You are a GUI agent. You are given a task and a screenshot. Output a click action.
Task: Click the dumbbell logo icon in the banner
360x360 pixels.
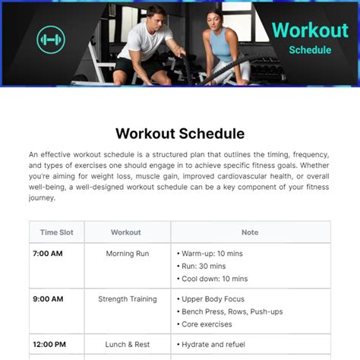pyautogui.click(x=51, y=39)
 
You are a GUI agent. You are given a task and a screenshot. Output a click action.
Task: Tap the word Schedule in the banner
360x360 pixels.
pyautogui.click(x=310, y=50)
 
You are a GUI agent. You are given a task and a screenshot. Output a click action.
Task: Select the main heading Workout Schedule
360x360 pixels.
pyautogui.click(x=180, y=134)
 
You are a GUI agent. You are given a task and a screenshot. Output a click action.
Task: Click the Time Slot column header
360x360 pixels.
pyautogui.click(x=57, y=232)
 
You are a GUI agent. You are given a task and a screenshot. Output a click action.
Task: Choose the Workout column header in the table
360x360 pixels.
pyautogui.click(x=126, y=232)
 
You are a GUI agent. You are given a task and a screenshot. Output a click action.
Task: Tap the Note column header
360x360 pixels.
pyautogui.click(x=250, y=232)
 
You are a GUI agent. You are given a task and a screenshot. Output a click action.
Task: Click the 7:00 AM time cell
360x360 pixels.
pyautogui.click(x=47, y=254)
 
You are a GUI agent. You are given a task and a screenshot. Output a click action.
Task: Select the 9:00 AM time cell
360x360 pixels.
pyautogui.click(x=47, y=299)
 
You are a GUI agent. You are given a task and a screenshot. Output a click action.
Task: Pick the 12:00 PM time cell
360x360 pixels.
pyautogui.click(x=49, y=344)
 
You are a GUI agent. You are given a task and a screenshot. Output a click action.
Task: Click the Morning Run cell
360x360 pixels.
pyautogui.click(x=127, y=254)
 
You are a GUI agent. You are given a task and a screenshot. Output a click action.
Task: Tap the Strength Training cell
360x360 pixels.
pyautogui.click(x=127, y=299)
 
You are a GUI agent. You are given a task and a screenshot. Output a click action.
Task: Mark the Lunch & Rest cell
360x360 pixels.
pyautogui.click(x=127, y=344)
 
